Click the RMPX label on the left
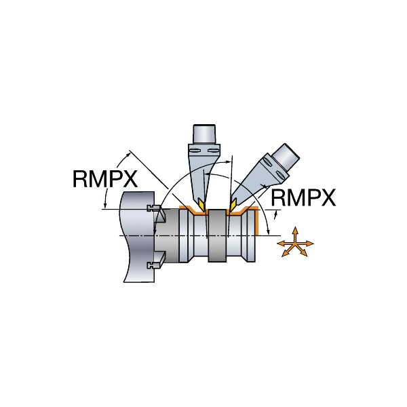105,178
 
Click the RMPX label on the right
303,197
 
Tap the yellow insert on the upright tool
201,205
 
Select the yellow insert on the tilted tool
232,204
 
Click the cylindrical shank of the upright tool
204,134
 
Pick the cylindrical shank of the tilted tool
286,157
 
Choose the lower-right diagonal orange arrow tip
306,255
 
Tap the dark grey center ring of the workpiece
217,235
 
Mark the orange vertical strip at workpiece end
257,221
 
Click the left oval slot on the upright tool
194,151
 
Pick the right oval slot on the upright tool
214,151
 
